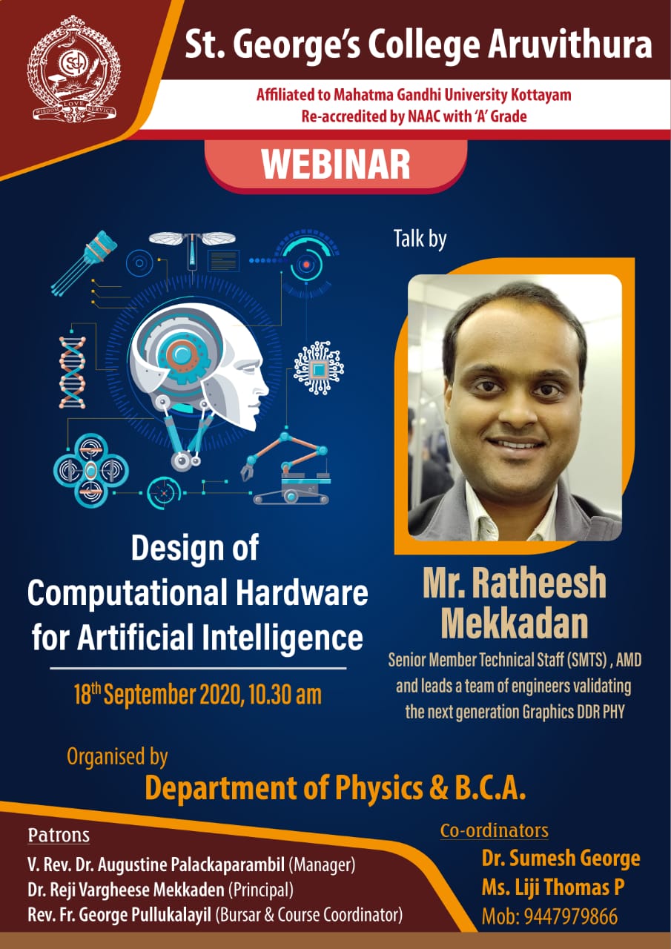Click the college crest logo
tap(73, 69)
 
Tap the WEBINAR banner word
tap(336, 165)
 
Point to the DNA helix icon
tap(73, 372)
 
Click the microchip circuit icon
tap(318, 368)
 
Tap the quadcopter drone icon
tap(91, 470)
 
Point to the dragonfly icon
tap(192, 250)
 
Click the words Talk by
tap(420, 239)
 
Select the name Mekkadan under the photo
tap(515, 624)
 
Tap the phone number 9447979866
tap(571, 917)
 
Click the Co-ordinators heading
tap(495, 830)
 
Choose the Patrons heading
tap(59, 836)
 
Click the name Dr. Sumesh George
tap(561, 859)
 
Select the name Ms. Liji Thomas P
tap(553, 887)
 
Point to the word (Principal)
tap(261, 890)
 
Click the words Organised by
tap(117, 756)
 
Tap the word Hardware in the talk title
tap(302, 592)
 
